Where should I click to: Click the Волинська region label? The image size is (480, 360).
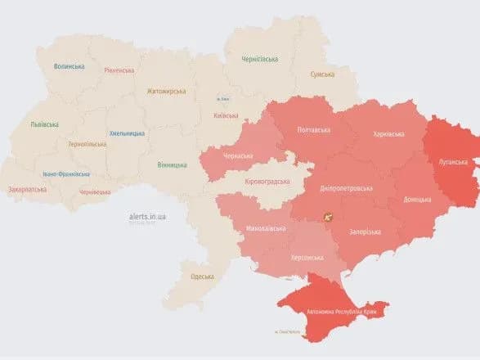point(69,66)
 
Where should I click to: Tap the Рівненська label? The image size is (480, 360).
point(119,70)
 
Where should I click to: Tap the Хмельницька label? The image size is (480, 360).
point(127,133)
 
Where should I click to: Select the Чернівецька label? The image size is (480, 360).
point(94,191)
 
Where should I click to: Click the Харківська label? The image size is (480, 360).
point(386,133)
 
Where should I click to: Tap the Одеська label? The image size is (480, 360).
point(201,277)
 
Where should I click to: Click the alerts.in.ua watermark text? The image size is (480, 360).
point(147,217)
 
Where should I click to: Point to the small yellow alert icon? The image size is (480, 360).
point(329,218)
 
